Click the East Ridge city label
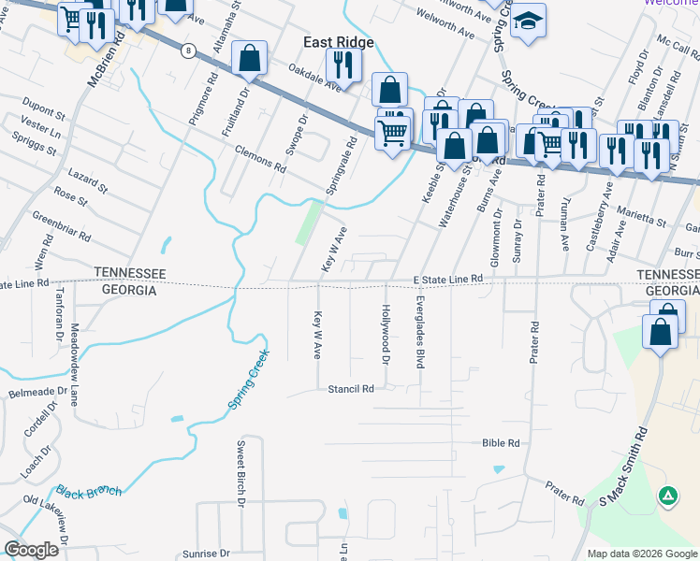[x=337, y=43]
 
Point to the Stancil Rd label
[x=351, y=388]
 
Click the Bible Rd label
[x=500, y=442]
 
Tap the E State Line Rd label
[x=447, y=279]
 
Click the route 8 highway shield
[x=189, y=51]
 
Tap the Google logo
[x=32, y=550]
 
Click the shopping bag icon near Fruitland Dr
[x=250, y=59]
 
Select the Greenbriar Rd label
[x=61, y=224]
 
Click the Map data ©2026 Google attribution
[x=641, y=553]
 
